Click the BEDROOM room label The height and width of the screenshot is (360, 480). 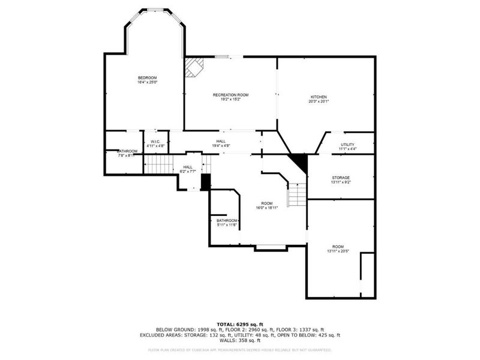coord(147,78)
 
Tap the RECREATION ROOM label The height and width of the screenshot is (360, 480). coord(230,95)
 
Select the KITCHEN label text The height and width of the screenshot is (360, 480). coord(318,97)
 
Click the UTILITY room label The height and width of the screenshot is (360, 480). coord(347,145)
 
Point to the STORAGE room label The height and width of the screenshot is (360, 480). coord(341,178)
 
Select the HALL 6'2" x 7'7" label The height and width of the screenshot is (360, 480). coord(188,169)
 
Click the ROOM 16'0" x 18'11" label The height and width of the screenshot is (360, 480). coord(267,205)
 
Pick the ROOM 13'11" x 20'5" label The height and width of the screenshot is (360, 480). coord(338,249)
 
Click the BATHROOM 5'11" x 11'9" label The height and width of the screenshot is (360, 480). coord(227,223)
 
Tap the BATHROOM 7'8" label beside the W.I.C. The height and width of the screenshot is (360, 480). coord(127,152)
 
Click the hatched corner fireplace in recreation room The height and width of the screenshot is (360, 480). coord(193,67)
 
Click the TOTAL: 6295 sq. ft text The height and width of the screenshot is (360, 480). coord(239,323)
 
